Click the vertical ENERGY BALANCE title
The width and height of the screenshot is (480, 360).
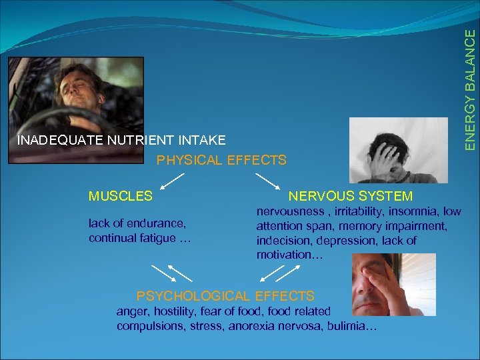(x=471, y=83)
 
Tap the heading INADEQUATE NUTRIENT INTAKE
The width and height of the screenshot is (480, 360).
(x=121, y=140)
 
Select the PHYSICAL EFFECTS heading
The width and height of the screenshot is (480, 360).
(x=221, y=160)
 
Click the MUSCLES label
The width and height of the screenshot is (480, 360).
(x=121, y=196)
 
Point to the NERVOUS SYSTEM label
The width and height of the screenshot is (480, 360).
(x=350, y=196)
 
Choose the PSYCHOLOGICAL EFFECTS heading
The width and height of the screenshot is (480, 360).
(x=225, y=295)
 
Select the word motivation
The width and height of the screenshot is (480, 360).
(x=284, y=255)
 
